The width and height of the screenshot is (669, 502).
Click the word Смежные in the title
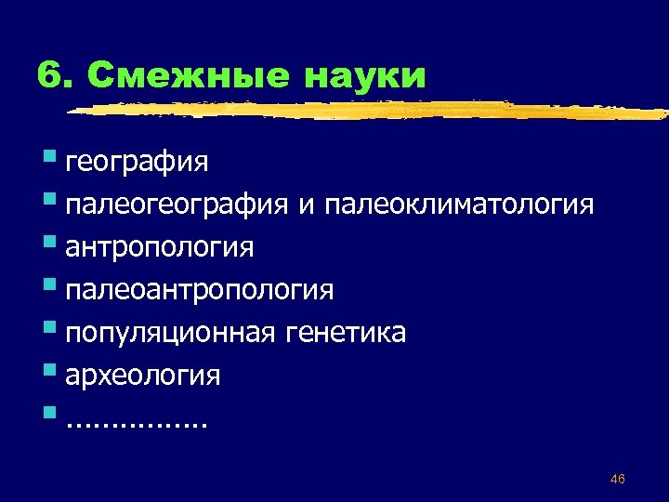tap(191, 75)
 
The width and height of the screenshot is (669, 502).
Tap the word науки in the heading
tap(364, 75)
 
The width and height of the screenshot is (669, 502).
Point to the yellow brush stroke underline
tap(372, 111)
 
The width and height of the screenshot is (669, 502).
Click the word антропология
tap(160, 248)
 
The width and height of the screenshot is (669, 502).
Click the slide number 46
tap(618, 479)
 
